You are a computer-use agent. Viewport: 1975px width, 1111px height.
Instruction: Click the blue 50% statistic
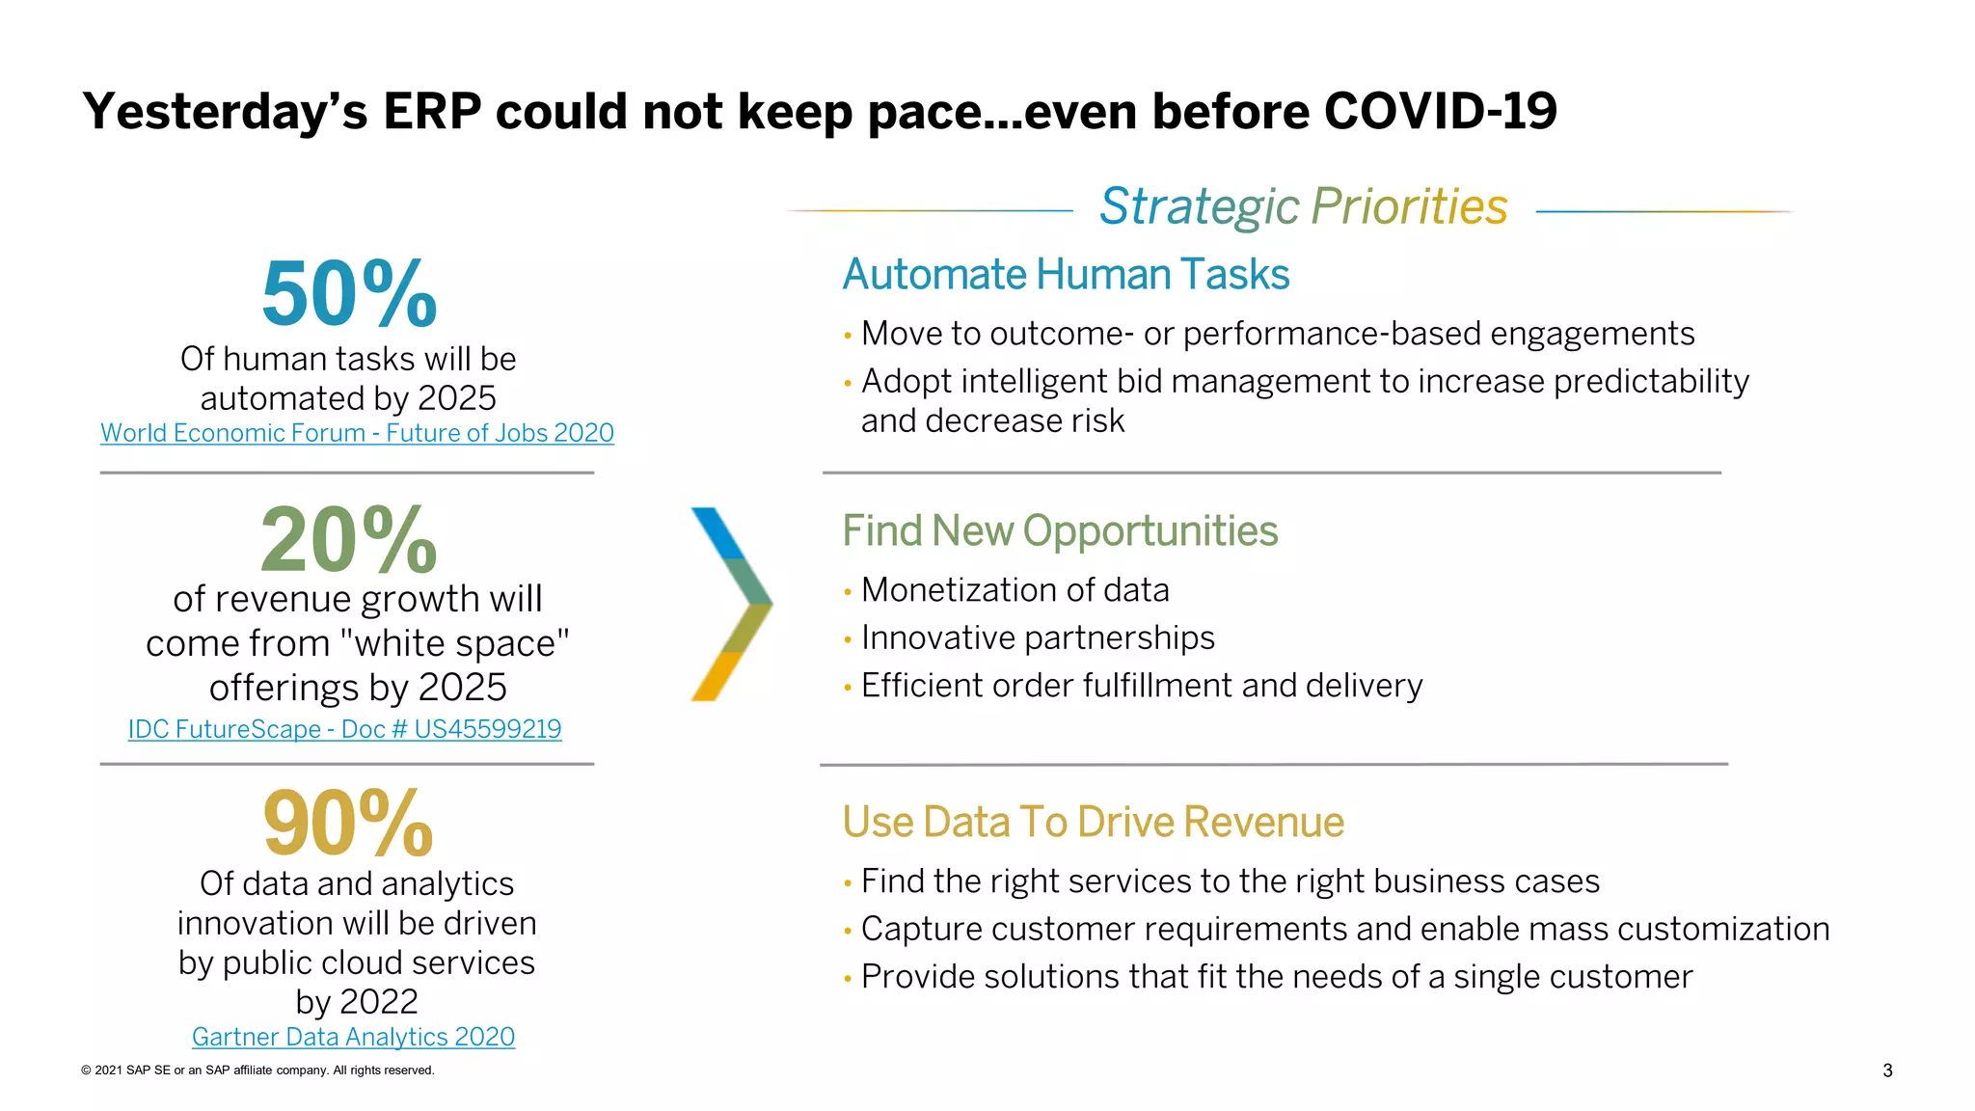click(349, 294)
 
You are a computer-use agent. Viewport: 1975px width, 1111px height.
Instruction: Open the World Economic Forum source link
click(357, 433)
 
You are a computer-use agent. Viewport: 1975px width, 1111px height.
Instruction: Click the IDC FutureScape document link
click(344, 729)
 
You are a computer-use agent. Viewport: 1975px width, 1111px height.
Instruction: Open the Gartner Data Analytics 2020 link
click(353, 1037)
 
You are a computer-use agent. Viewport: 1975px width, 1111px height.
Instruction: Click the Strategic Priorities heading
click(1303, 206)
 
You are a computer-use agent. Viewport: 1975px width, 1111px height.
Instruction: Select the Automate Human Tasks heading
click(1066, 275)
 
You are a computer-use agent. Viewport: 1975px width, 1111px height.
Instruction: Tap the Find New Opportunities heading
click(1060, 531)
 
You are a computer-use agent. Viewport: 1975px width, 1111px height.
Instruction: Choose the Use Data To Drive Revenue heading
click(1093, 823)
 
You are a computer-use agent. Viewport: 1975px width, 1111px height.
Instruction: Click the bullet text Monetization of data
click(1015, 589)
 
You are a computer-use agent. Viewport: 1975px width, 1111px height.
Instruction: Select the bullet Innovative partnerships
click(1038, 637)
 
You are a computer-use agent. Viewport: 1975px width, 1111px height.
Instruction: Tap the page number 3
click(1887, 1070)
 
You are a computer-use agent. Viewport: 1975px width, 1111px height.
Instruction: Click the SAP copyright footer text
click(257, 1070)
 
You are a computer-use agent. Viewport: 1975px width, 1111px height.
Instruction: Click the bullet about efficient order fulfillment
click(1142, 686)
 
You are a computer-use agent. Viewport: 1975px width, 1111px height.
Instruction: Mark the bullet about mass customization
click(1345, 929)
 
